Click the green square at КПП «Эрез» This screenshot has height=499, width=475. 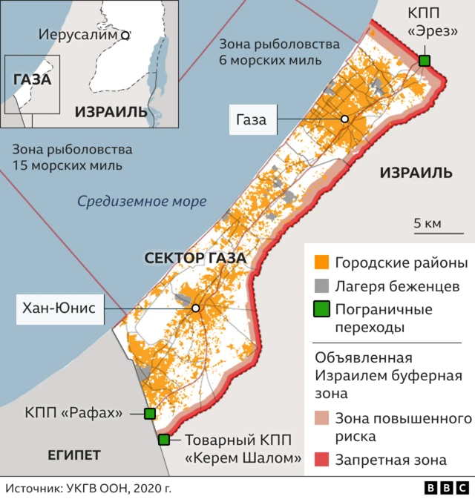(425, 61)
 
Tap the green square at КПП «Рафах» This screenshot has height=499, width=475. (150, 414)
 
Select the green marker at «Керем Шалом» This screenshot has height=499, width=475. (164, 440)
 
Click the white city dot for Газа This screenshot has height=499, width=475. (344, 119)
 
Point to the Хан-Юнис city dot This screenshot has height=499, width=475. (196, 308)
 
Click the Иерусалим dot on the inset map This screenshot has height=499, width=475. (125, 35)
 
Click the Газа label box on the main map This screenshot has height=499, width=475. (252, 119)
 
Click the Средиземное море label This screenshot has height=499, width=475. (142, 201)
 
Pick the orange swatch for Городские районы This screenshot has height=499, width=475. (321, 263)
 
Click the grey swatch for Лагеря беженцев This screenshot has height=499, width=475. (321, 286)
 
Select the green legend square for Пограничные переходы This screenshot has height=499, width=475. (321, 309)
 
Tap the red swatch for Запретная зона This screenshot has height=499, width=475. (321, 460)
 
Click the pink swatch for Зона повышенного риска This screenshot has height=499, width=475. (321, 419)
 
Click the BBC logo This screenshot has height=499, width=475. (447, 488)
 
